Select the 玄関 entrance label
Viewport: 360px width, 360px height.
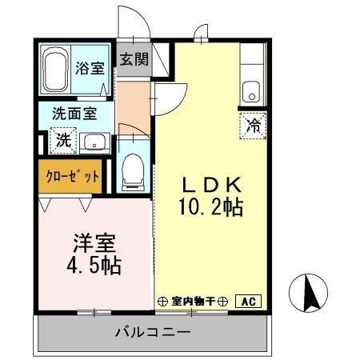134,59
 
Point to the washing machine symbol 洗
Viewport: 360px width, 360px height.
62,141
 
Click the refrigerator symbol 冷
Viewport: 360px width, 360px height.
252,125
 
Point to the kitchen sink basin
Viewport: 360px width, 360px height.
252,91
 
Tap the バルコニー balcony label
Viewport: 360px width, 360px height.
151,332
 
